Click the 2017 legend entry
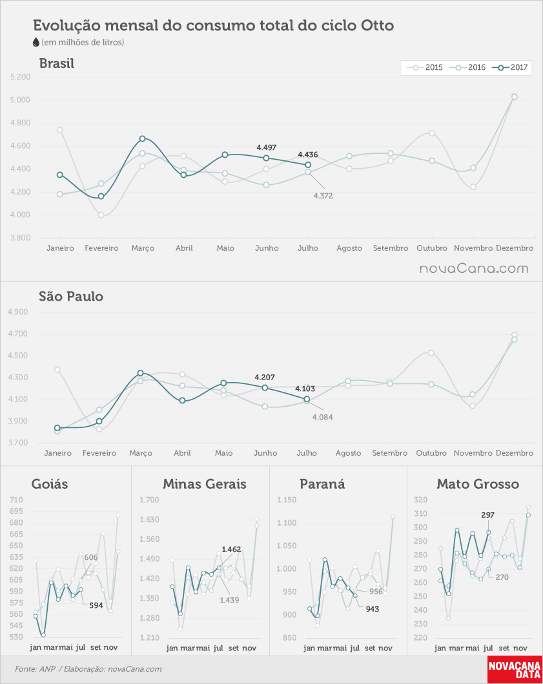point(510,67)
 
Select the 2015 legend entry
point(425,67)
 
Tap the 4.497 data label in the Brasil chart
point(266,147)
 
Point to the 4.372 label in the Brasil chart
point(323,196)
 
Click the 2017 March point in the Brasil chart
point(142,139)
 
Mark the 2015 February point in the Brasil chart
point(101,215)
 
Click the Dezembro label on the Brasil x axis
point(515,248)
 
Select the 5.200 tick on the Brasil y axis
point(21,77)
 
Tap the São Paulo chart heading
point(71,296)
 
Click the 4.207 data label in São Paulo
point(265,378)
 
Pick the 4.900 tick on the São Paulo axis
point(18,312)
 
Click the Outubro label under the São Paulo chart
point(431,453)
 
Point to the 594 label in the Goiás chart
point(96,606)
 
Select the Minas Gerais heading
point(205,484)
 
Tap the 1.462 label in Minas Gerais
point(231,550)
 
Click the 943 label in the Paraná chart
point(373,609)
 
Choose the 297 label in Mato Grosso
point(487,515)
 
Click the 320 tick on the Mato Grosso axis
point(420,500)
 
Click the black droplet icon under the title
point(36,42)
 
